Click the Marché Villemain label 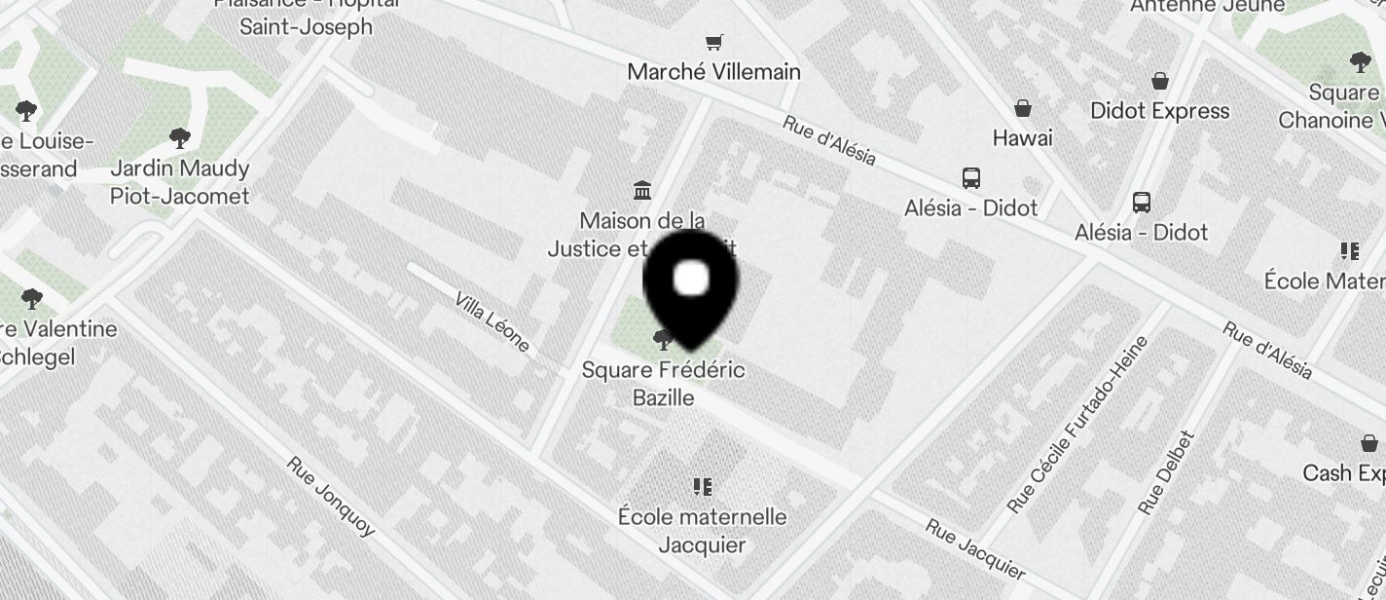[x=713, y=72]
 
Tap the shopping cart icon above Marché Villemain [x=714, y=42]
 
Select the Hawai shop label [x=1022, y=138]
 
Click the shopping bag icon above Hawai [x=1023, y=107]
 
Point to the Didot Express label [x=1159, y=111]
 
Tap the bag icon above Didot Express [x=1159, y=80]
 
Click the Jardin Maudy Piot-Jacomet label [x=179, y=182]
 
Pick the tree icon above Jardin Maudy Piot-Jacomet [x=179, y=138]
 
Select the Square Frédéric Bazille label [x=663, y=384]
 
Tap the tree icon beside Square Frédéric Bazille [x=664, y=340]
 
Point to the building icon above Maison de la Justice [x=642, y=189]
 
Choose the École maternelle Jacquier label [x=702, y=530]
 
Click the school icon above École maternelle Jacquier [x=702, y=486]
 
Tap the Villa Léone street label [x=492, y=321]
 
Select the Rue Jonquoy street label [x=331, y=495]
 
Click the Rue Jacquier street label [x=974, y=549]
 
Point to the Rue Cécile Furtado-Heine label [x=1077, y=425]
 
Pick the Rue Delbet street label [x=1164, y=473]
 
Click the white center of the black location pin [x=691, y=279]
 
